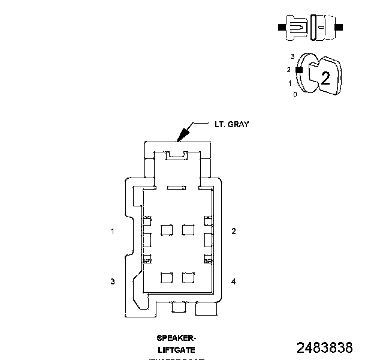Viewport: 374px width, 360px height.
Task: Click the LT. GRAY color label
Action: point(231,125)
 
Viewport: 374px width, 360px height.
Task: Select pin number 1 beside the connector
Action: point(112,231)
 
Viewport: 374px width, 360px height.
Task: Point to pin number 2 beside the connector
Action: point(233,231)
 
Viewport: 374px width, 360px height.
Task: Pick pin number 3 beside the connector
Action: point(112,281)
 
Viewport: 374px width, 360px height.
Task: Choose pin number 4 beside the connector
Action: point(233,281)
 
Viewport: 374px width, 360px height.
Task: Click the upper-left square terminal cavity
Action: point(167,229)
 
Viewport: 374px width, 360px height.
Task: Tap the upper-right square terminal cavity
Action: point(188,229)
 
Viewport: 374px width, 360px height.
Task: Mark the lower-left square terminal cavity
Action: point(167,278)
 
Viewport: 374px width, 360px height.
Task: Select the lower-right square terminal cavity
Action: point(188,278)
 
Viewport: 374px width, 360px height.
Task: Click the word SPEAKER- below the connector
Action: point(176,338)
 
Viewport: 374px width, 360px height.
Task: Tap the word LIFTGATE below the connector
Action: point(176,349)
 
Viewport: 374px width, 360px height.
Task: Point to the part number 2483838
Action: point(325,347)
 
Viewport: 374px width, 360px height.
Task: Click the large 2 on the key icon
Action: point(325,78)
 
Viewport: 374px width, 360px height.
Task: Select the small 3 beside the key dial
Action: point(292,56)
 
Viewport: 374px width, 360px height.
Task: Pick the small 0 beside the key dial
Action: point(294,95)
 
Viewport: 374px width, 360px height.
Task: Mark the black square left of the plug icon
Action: point(282,27)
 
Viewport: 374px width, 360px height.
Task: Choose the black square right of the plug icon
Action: point(340,27)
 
